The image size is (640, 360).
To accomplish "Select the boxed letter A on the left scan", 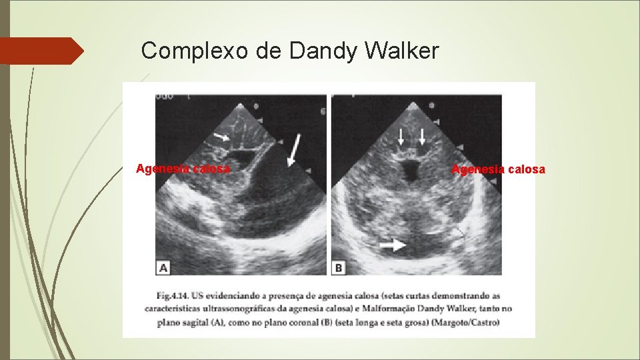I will (x=163, y=267).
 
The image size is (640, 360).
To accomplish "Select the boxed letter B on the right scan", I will (x=339, y=267).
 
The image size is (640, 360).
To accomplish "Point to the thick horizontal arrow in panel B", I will (x=393, y=246).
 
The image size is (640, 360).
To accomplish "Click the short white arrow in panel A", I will (x=221, y=136).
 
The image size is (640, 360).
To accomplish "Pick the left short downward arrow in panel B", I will (x=401, y=137).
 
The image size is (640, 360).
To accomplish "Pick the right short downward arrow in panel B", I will (x=422, y=137).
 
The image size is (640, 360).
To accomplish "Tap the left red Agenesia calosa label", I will (x=183, y=169).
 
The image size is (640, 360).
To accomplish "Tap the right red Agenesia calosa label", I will (x=498, y=169).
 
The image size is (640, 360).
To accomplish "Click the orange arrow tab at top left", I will (x=40, y=51).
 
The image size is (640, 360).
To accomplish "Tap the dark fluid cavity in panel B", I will (x=409, y=171).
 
